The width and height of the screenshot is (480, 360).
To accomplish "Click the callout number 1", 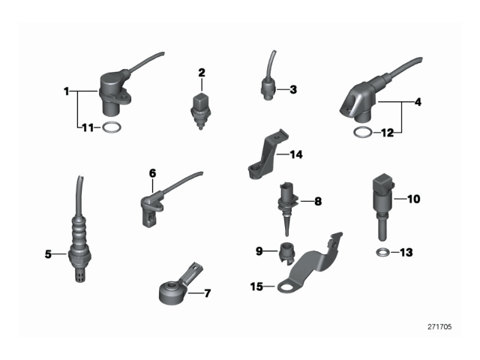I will click(67, 91).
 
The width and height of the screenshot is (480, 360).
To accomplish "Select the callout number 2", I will click(201, 73).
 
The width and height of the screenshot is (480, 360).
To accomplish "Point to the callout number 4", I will click(418, 101).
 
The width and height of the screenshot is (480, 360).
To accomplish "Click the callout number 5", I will click(48, 254).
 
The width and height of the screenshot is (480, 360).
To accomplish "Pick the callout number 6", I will click(152, 173).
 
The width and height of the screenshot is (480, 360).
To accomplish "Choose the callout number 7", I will click(207, 292).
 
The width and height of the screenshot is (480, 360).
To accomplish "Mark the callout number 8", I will click(318, 201).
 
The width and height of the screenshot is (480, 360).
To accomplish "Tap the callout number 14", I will click(296, 155).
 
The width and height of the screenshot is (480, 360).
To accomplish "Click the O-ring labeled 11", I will click(111, 127).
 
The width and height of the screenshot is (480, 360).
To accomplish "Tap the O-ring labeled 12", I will click(362, 133).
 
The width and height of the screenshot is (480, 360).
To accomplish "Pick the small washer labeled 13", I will click(382, 251).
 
